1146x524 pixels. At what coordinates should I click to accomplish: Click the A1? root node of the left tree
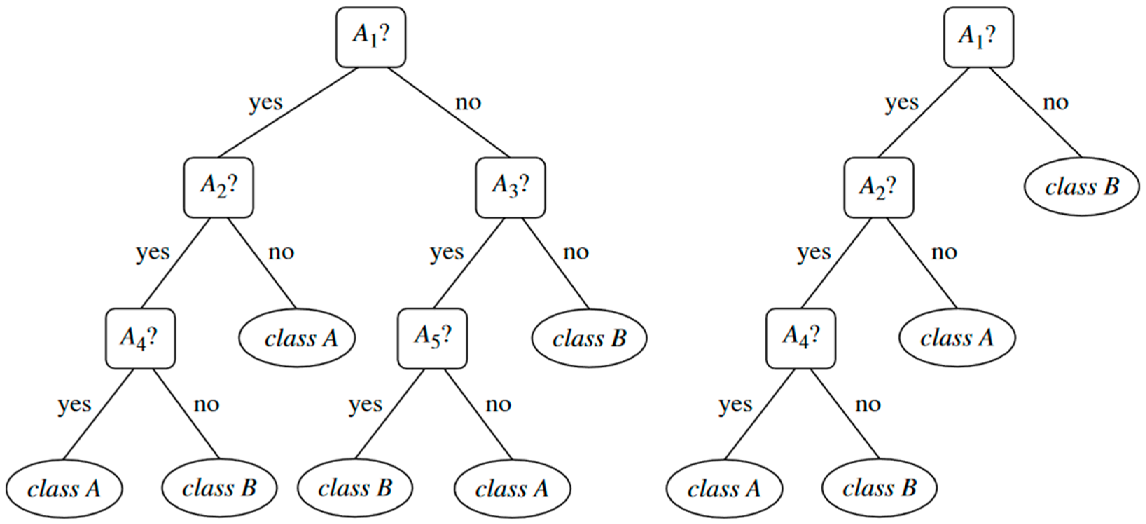point(370,37)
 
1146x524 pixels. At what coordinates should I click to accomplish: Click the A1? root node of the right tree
point(978,37)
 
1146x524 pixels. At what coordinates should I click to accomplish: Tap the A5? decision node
point(432,338)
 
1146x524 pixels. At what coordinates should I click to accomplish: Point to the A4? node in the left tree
point(140,338)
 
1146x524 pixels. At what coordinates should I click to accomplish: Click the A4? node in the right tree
point(800,338)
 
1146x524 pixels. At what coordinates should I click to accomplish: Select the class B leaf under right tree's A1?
point(1082,186)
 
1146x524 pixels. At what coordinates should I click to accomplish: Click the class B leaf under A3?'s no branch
point(589,338)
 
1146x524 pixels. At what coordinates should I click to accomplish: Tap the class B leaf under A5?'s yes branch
point(355,488)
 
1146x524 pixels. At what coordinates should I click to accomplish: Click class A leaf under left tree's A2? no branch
point(297,338)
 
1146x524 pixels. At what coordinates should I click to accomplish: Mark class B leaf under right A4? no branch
point(879,488)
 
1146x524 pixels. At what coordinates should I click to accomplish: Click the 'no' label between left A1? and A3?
point(468,103)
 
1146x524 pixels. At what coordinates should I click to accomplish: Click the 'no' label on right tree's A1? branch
point(1055,103)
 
